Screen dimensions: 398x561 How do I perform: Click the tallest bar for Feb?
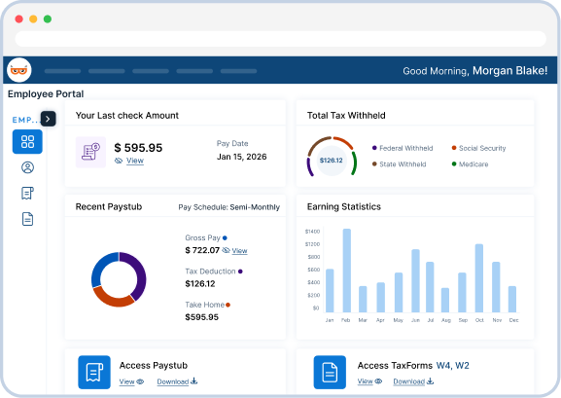point(346,271)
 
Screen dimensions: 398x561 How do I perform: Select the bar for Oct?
point(478,277)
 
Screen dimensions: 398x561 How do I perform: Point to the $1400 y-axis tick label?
point(311,231)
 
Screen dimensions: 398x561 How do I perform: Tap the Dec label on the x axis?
point(512,320)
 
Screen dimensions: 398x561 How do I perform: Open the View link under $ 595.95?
point(134,161)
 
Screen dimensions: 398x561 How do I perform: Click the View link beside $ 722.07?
point(239,251)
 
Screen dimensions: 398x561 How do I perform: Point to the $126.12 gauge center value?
point(331,161)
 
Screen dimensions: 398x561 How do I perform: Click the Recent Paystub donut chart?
point(119,279)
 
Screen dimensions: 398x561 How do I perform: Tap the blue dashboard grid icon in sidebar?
point(27,142)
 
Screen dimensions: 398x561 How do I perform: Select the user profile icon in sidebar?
point(27,167)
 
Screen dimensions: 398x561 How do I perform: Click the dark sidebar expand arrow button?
point(49,119)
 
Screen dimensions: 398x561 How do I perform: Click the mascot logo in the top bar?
point(19,70)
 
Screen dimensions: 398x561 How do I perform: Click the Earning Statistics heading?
point(343,206)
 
